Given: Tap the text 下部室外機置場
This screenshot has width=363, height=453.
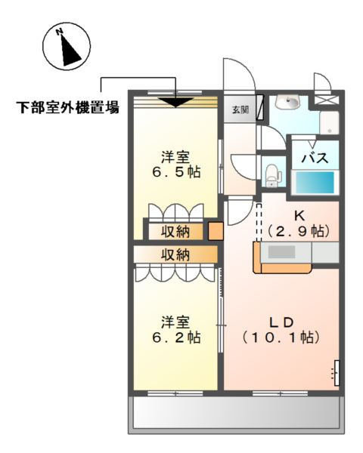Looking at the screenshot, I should [x=68, y=107].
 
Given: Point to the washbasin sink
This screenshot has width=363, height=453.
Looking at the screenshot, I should [x=288, y=103].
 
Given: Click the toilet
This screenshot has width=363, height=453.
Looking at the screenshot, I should [x=271, y=172].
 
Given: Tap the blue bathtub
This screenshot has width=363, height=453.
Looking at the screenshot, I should [x=314, y=183].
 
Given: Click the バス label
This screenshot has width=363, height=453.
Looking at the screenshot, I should [x=314, y=159].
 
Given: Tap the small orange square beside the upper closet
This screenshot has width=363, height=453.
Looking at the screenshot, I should [x=216, y=230].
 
